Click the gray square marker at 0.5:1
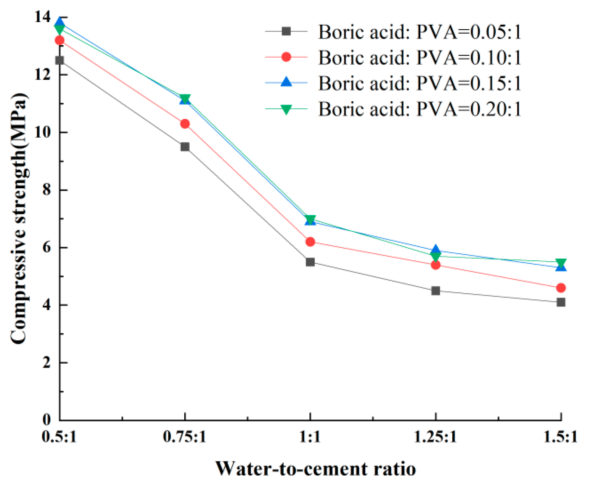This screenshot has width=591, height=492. (x=60, y=60)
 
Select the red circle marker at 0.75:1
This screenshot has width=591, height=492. (x=185, y=124)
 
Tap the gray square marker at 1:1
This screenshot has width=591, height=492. (x=310, y=262)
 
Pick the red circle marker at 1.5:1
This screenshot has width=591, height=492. (x=561, y=288)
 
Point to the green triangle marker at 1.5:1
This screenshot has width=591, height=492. (x=561, y=263)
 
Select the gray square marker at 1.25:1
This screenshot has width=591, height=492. (x=436, y=291)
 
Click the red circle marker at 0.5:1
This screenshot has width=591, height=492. (x=60, y=40)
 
